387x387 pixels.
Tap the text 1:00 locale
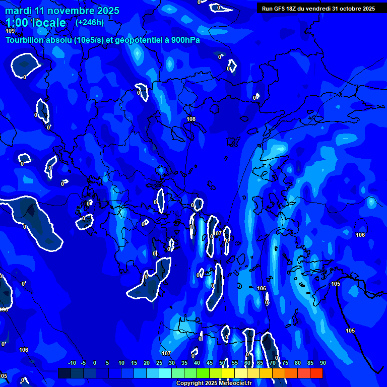[36, 23]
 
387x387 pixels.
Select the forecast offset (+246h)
[90, 22]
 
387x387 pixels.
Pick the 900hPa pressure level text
[185, 40]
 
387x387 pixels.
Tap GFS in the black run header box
[279, 9]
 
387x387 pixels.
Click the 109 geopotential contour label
[10, 31]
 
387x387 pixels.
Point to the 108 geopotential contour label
[191, 119]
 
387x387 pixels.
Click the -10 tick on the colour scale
[72, 363]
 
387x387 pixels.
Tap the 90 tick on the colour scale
[323, 363]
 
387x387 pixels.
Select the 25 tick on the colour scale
[159, 363]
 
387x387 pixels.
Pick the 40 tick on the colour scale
[197, 363]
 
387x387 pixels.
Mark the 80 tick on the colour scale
[298, 363]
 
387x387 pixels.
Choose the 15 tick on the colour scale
[134, 363]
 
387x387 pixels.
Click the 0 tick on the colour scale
[95, 363]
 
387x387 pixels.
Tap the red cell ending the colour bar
[316, 373]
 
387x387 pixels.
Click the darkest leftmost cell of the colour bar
[64, 373]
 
